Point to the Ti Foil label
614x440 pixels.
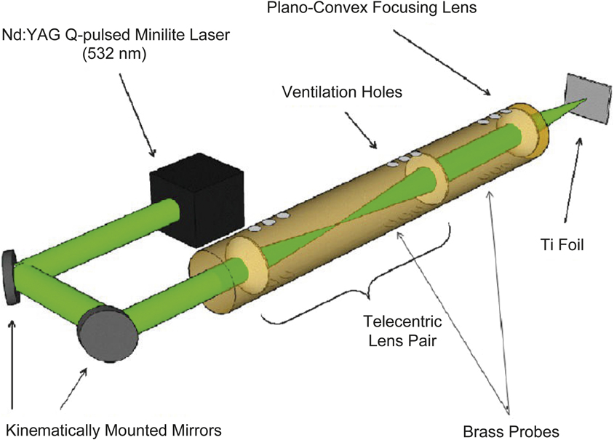click(563, 247)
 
